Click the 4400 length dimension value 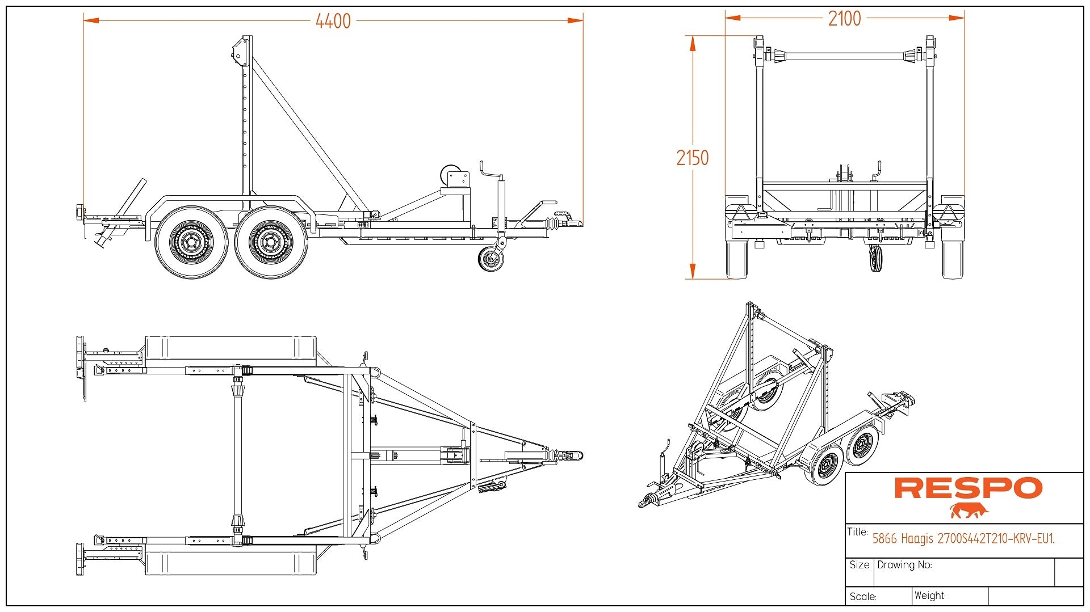point(333,22)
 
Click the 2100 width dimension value point(844,19)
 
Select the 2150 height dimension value point(692,158)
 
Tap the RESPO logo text point(968,488)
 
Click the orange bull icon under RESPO point(969,510)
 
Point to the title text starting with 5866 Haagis point(963,538)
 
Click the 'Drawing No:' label point(904,565)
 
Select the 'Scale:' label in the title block point(863,597)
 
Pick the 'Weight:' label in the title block point(930,596)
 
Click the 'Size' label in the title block point(860,565)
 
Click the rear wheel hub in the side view point(191,242)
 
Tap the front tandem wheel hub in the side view point(271,242)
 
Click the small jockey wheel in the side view point(491,260)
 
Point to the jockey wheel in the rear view point(875,258)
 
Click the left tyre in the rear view point(737,260)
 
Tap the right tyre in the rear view point(952,260)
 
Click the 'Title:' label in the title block point(857,532)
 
